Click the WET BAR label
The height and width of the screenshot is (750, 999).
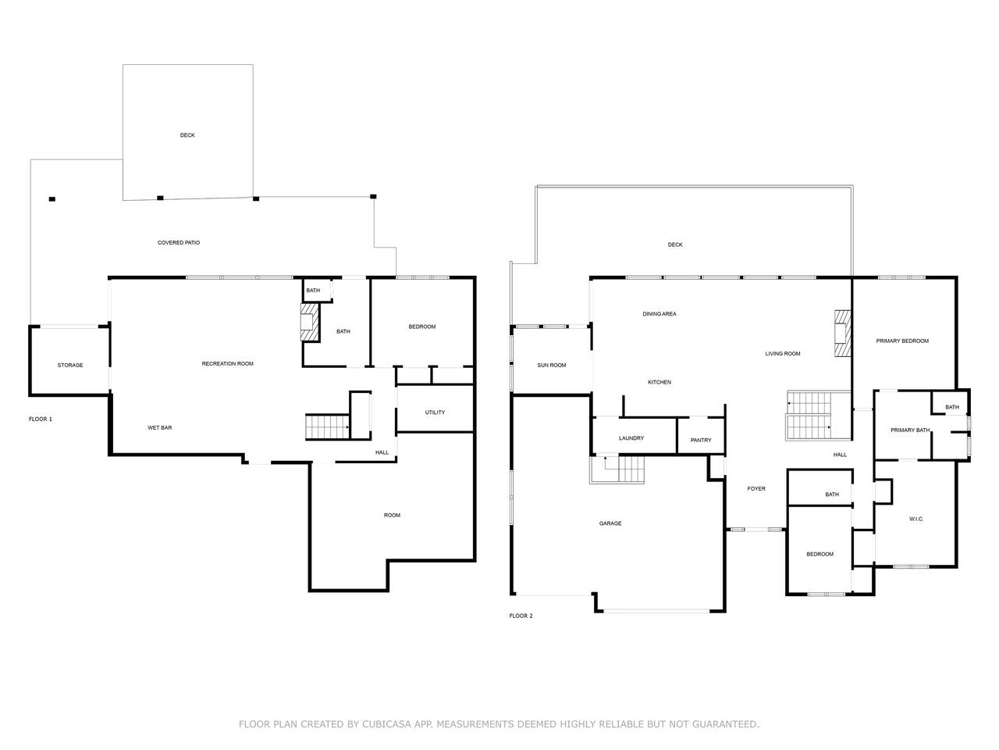coord(159,427)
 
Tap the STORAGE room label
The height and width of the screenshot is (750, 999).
coord(70,365)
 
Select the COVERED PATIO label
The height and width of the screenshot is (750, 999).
coord(179,243)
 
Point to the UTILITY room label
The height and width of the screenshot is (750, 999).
coord(435,412)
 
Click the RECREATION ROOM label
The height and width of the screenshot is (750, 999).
coord(227,364)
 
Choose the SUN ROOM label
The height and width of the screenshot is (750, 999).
coord(551,365)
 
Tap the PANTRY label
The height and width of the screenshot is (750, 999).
coord(700,441)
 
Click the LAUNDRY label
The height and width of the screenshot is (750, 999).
coord(631,438)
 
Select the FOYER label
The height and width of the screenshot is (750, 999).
coord(756,488)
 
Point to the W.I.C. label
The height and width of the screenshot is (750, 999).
coord(915,519)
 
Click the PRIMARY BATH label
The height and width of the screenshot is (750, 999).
coord(910,430)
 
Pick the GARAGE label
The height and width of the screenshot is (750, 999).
coord(610,523)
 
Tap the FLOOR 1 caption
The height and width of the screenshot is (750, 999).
coord(41,419)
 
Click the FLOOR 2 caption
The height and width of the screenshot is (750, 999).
coord(521,616)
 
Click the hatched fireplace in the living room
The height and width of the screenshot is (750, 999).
coord(842,334)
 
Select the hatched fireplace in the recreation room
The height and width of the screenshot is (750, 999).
coord(309,322)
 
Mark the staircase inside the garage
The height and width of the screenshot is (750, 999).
coord(617,469)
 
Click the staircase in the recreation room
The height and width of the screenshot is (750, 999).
coord(327,427)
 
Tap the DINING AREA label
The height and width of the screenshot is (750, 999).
coord(659,314)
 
